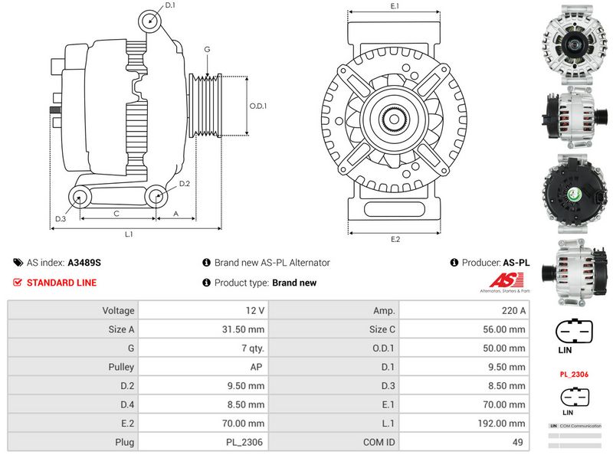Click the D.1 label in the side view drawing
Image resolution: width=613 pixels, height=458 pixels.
point(170,5)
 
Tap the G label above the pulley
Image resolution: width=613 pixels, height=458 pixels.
point(207,50)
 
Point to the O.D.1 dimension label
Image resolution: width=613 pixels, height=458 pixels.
point(258,106)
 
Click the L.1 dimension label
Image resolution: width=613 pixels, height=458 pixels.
point(129,234)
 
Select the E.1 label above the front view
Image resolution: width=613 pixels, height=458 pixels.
point(395,6)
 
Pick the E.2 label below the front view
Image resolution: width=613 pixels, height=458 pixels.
point(395,240)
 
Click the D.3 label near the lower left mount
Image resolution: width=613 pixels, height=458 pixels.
point(61,219)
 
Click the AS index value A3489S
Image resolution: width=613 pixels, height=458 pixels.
point(84,262)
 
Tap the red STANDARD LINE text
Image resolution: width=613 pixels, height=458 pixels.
point(61,283)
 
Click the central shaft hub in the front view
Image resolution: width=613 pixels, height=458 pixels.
point(395,119)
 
